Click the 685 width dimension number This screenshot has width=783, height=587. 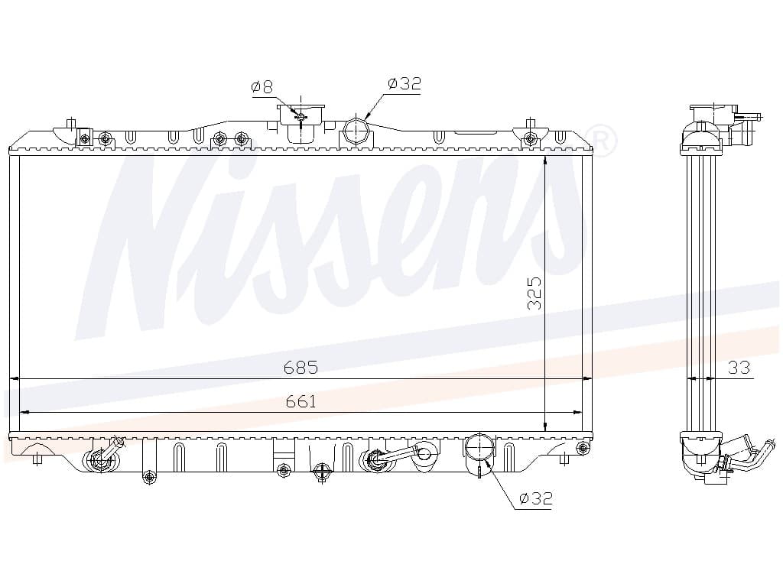(301, 368)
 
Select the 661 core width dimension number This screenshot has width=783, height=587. (301, 401)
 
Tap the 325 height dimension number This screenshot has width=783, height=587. (534, 293)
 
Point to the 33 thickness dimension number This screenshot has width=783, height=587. (739, 368)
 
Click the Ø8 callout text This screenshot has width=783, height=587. (262, 87)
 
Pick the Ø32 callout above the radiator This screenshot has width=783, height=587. (404, 83)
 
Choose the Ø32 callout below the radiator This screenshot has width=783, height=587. (536, 498)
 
